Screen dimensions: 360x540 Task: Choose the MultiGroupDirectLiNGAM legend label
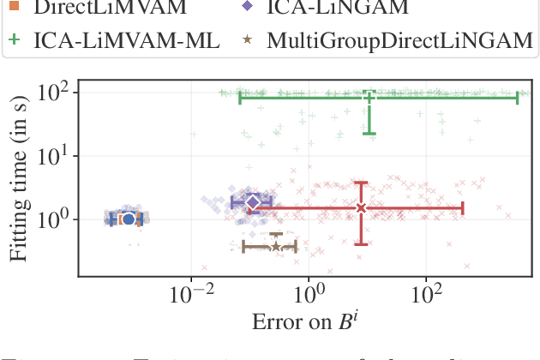pyautogui.click(x=397, y=40)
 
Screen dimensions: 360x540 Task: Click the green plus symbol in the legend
pyautogui.click(x=14, y=40)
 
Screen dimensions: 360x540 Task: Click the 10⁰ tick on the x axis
pyautogui.click(x=309, y=295)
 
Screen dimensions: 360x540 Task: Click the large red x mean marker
pyautogui.click(x=361, y=208)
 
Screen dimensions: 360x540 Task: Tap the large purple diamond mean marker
pyautogui.click(x=253, y=201)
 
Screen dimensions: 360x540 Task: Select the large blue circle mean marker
pyautogui.click(x=129, y=219)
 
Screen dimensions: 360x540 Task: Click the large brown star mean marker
pyautogui.click(x=275, y=247)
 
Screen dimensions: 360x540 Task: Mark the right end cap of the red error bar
pyautogui.click(x=463, y=208)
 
